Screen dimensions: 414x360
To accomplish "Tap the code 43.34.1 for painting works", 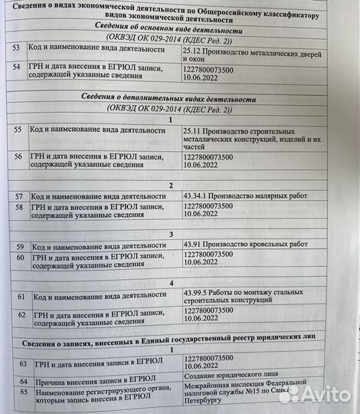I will coord(197,196).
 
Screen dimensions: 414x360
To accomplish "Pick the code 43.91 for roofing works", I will coord(193,244).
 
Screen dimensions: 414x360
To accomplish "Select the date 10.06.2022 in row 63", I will coord(201,369).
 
